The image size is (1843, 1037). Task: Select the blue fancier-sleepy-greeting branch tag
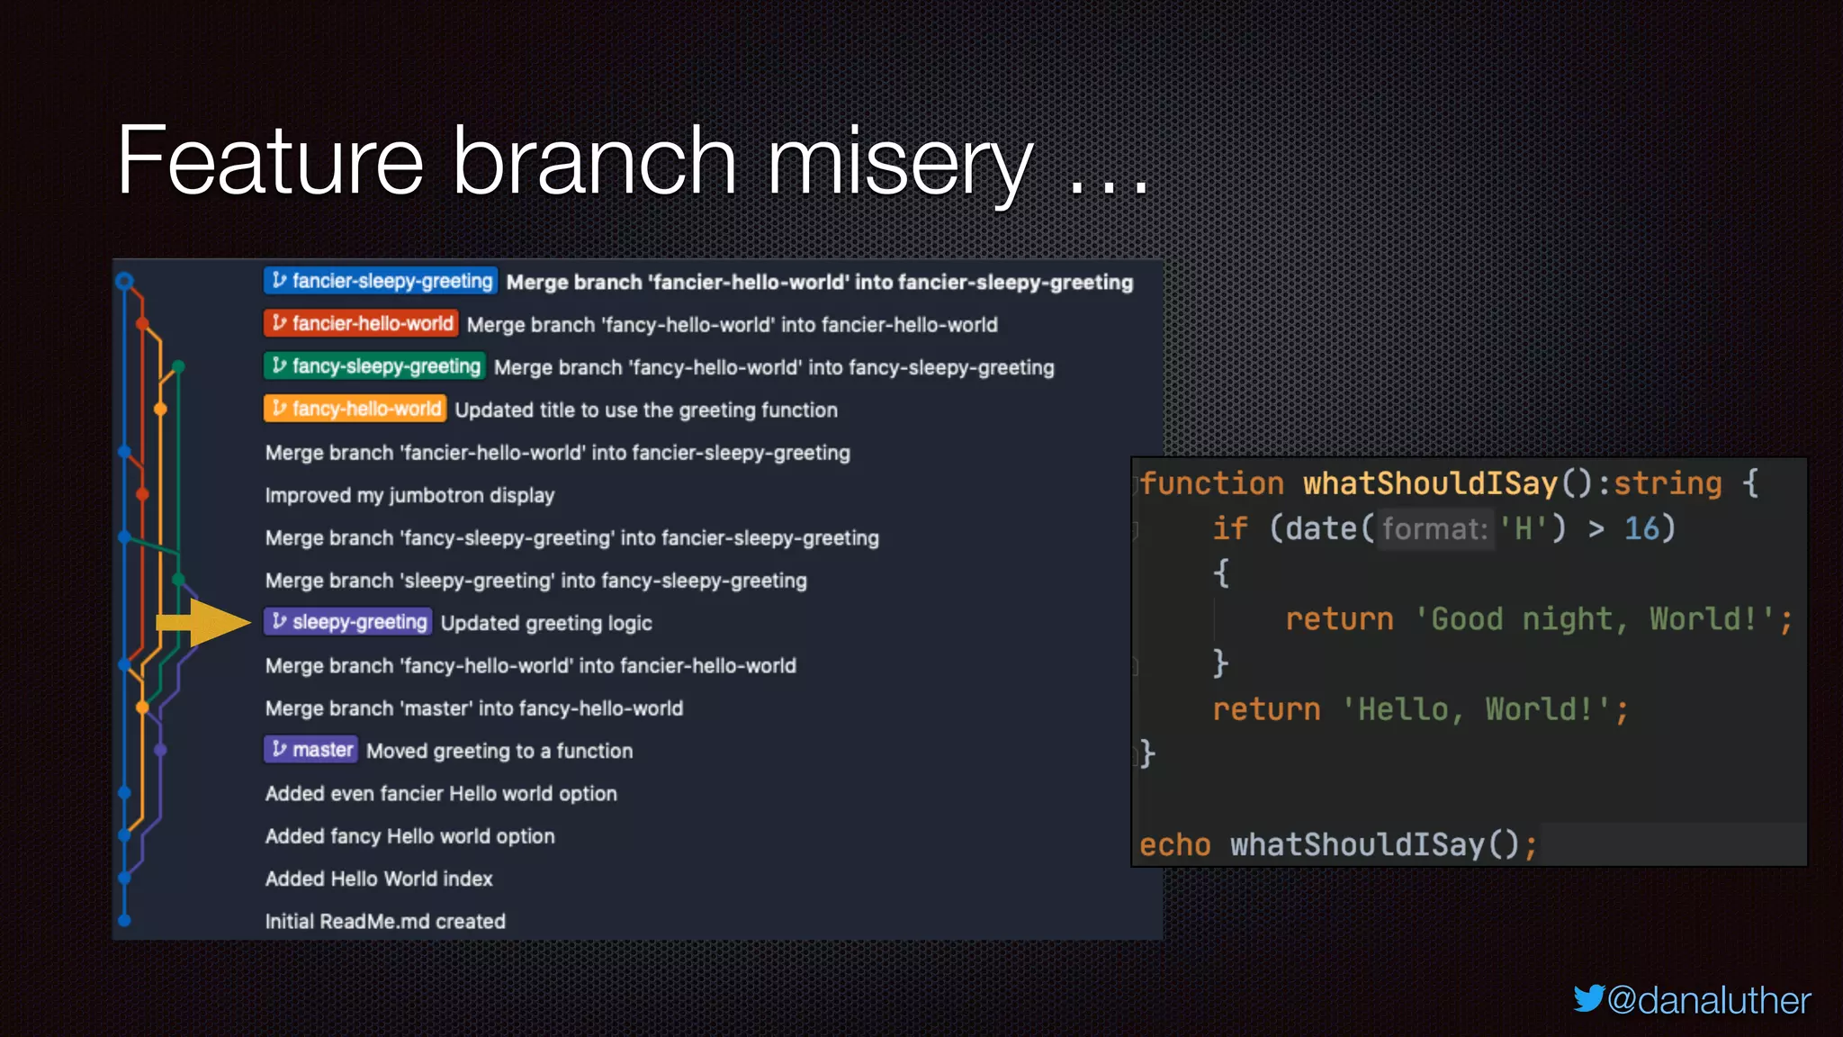pyautogui.click(x=381, y=281)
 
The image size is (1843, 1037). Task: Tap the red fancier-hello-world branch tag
pyautogui.click(x=362, y=323)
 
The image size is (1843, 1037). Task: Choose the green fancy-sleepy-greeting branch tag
pyautogui.click(x=375, y=366)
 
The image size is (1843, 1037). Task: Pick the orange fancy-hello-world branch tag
pyautogui.click(x=355, y=409)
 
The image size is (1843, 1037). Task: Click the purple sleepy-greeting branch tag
pyautogui.click(x=348, y=622)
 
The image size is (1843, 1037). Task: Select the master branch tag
pyautogui.click(x=311, y=750)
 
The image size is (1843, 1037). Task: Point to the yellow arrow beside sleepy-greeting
pyautogui.click(x=203, y=622)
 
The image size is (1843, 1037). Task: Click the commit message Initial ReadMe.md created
pyautogui.click(x=385, y=921)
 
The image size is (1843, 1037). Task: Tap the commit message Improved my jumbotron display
pyautogui.click(x=409, y=495)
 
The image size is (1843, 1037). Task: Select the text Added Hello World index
pyautogui.click(x=379, y=879)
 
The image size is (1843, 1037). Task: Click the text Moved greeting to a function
pyautogui.click(x=499, y=751)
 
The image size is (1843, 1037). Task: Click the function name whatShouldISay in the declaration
pyautogui.click(x=1430, y=483)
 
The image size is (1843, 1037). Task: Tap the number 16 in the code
pyautogui.click(x=1642, y=528)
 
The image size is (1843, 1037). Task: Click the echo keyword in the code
pyautogui.click(x=1174, y=844)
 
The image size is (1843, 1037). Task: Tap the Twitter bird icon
pyautogui.click(x=1588, y=998)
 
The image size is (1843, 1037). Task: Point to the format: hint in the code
pyautogui.click(x=1434, y=529)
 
